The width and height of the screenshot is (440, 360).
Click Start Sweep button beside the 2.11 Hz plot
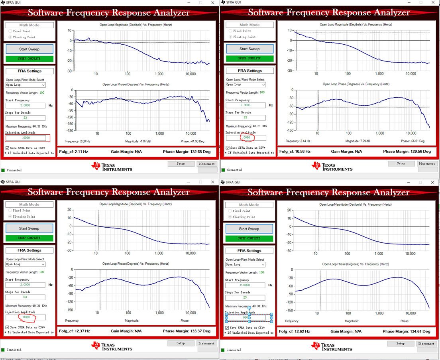click(x=29, y=49)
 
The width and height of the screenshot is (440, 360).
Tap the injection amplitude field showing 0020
click(x=26, y=138)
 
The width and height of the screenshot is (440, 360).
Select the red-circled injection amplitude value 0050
click(x=247, y=138)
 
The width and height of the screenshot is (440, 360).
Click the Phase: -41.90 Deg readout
click(x=192, y=141)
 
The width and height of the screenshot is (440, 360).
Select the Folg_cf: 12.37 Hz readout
click(x=75, y=331)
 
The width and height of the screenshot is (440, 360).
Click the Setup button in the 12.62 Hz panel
click(x=401, y=343)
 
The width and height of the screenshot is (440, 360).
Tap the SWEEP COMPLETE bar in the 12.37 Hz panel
click(x=29, y=238)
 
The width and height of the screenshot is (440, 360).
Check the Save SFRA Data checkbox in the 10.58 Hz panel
click(x=228, y=148)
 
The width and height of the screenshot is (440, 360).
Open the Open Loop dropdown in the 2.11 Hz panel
click(x=26, y=85)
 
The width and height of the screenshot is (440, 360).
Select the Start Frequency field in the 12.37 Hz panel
click(x=25, y=285)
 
